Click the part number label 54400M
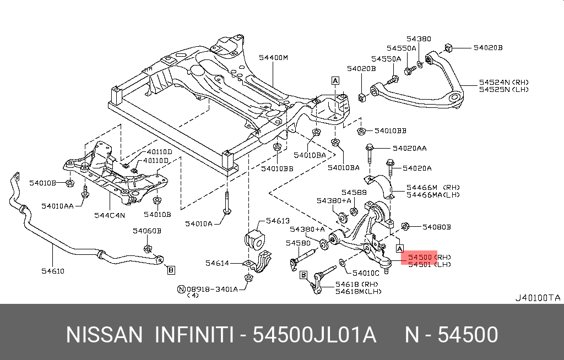click(x=274, y=58)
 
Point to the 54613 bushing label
click(x=278, y=221)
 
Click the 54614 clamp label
click(x=217, y=263)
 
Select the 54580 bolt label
click(x=299, y=243)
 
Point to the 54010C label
click(x=366, y=273)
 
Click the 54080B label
click(x=437, y=226)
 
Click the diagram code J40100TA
click(x=538, y=298)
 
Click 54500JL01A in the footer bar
click(x=314, y=335)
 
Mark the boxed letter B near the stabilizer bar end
click(x=171, y=270)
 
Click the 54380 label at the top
click(x=419, y=39)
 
